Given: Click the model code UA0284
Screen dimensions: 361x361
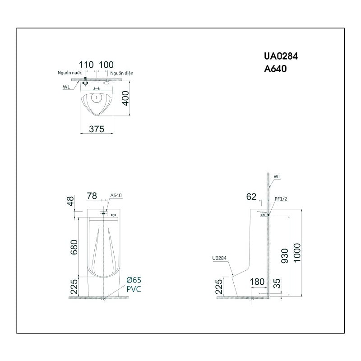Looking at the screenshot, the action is [x=281, y=56].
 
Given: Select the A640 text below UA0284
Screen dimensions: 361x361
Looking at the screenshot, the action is [x=275, y=69].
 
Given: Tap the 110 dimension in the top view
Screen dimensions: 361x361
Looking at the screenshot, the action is [x=86, y=65].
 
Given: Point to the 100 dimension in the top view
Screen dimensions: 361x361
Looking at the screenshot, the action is [x=106, y=65].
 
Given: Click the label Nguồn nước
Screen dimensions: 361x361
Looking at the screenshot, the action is [x=69, y=73].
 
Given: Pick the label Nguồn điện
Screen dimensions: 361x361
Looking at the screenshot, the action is [x=121, y=73].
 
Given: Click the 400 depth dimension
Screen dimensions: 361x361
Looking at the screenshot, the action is [x=126, y=98].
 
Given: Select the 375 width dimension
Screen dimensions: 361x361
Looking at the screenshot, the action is [x=97, y=129].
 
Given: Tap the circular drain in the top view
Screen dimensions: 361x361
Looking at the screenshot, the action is [x=97, y=98].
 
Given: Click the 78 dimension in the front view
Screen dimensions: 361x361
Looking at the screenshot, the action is [x=92, y=196].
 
